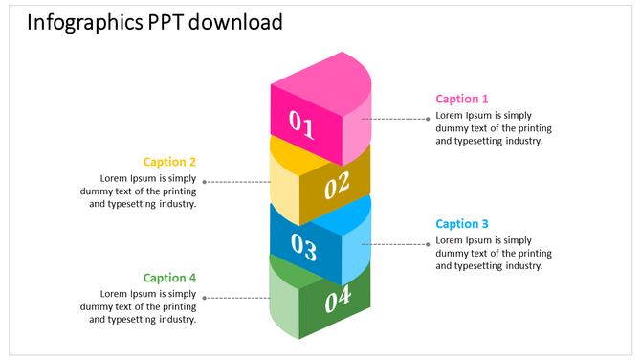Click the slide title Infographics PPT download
tap(155, 22)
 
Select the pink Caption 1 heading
tap(462, 99)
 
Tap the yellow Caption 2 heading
tap(169, 162)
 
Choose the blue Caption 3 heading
tap(462, 224)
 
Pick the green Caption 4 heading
tap(169, 278)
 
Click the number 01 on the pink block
tap(301, 124)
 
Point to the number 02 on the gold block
tap(338, 185)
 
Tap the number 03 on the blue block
tap(303, 248)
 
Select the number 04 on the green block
tap(338, 301)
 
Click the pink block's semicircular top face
tap(325, 84)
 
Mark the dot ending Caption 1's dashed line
tap(429, 119)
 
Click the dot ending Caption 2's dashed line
tap(204, 181)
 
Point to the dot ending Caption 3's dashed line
tap(429, 244)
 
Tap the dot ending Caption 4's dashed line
tap(204, 298)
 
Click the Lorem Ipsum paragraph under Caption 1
tap(493, 128)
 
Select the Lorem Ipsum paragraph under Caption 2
tap(139, 191)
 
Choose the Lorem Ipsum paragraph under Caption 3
tap(493, 253)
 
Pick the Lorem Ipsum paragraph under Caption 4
tap(139, 306)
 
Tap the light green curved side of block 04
tap(284, 299)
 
